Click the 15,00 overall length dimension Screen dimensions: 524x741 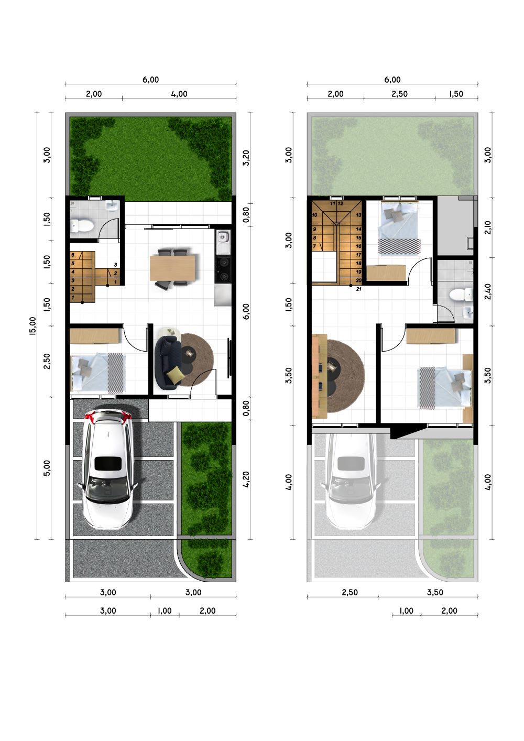coord(33,326)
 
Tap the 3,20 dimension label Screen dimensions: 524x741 coord(246,158)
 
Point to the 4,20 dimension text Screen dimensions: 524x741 coord(246,480)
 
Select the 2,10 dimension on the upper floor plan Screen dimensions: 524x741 coord(488,227)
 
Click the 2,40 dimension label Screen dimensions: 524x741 coord(488,291)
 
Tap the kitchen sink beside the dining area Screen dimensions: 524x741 coord(223,237)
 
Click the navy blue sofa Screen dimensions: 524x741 coord(168,362)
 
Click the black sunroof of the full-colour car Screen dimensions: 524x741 coord(108,463)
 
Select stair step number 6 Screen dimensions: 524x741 coord(73,255)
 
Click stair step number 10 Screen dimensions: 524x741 coord(314,215)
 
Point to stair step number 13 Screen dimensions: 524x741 coord(358,215)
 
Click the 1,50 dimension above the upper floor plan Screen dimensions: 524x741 coord(456,94)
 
